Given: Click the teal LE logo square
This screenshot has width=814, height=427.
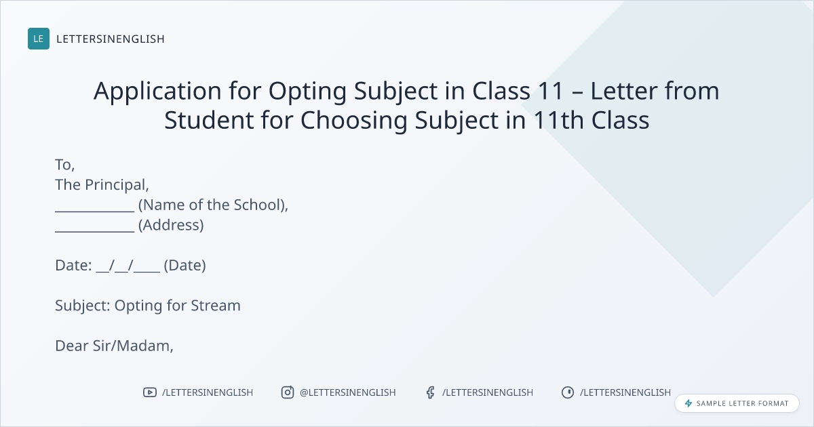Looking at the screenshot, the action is point(39,39).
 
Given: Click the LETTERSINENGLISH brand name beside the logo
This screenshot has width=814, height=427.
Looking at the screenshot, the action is point(111,39).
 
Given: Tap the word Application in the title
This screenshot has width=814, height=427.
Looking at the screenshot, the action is point(157,91).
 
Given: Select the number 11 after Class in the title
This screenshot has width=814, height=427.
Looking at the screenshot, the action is point(551,90).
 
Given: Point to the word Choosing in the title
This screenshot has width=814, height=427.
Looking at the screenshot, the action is point(353,120).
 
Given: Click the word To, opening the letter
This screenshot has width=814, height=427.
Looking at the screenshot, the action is point(64,165).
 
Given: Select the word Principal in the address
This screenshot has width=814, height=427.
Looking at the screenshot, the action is point(117,185).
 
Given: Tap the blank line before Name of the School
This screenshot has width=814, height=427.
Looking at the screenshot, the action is point(95,211).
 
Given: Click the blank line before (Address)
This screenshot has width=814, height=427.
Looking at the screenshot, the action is point(95,231).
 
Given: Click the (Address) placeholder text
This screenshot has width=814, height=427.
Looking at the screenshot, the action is point(171,225).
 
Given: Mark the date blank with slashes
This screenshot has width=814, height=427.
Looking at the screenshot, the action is point(128,266).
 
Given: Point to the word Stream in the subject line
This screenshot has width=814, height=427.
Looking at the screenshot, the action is point(216,306).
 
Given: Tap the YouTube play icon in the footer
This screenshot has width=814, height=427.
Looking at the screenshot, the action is point(150,392).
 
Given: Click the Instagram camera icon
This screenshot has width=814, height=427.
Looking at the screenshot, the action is point(288,392).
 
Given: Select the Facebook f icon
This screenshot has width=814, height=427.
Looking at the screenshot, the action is point(431,392).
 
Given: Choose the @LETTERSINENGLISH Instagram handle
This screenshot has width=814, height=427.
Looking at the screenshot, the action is point(348,392).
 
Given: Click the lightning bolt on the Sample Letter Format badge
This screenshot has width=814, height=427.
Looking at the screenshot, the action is point(689,403).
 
